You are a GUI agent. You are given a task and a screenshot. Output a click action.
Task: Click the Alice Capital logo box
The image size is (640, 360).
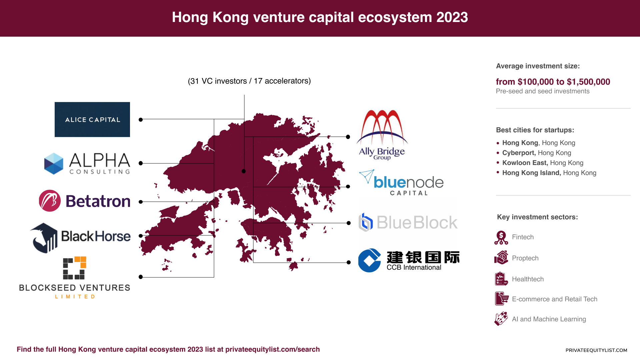tap(92, 119)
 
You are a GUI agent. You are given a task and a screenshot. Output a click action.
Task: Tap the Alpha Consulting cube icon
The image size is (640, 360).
tap(54, 163)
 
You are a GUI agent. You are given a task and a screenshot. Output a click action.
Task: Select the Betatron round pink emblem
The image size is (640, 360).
tap(50, 201)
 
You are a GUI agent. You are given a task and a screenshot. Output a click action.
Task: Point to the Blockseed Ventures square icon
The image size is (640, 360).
tap(75, 268)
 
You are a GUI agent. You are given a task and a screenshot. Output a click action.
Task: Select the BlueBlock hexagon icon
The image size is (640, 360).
tap(366, 222)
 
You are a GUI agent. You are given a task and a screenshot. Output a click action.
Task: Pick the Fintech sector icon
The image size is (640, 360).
tap(501, 237)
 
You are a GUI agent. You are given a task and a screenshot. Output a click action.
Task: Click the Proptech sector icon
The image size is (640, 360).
tap(501, 258)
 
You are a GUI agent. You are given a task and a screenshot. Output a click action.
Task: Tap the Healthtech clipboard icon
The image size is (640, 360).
tap(501, 279)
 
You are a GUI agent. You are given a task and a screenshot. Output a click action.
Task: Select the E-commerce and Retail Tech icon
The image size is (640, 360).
tap(501, 299)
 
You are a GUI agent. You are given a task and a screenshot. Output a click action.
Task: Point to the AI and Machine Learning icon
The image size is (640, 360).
tap(501, 319)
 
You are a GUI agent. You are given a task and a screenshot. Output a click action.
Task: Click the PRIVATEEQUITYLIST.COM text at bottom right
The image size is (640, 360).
tap(596, 350)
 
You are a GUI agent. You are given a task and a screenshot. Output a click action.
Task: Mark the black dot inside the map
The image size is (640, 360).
tap(244, 171)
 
